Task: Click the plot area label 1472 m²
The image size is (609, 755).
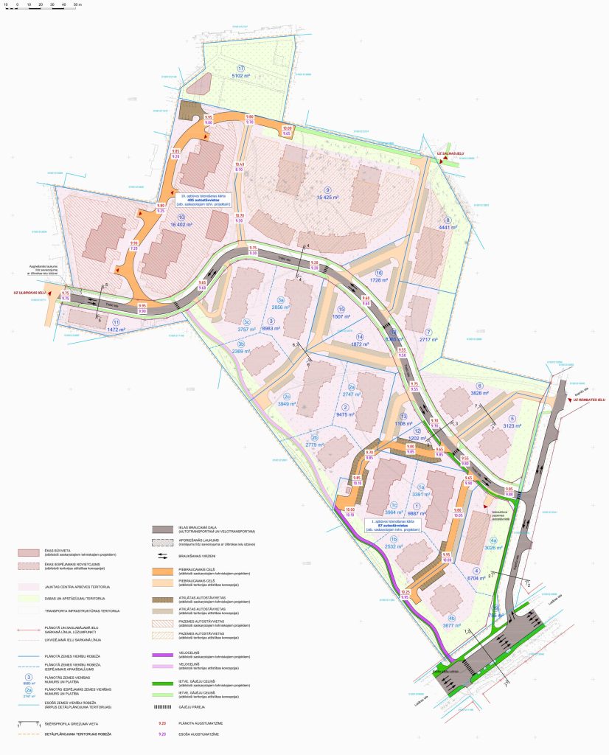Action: point(116,330)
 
